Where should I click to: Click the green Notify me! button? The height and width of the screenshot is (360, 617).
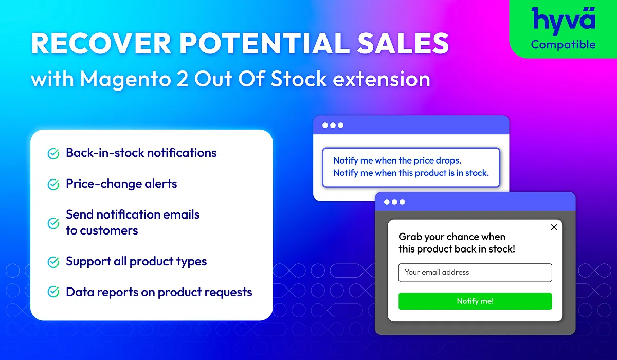coord(475,301)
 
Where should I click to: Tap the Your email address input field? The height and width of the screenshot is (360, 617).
coord(475,273)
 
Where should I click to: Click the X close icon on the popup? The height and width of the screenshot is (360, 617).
coord(554,227)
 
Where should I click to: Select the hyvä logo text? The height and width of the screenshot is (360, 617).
coord(564,21)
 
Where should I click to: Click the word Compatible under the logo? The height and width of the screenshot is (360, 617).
coord(564,45)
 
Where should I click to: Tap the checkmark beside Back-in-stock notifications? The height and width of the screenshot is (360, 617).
coord(53,154)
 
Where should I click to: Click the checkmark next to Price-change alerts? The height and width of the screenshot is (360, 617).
coord(53,185)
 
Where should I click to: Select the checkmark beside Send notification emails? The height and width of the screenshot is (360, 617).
coord(53,223)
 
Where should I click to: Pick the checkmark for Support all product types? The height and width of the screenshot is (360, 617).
coord(53,262)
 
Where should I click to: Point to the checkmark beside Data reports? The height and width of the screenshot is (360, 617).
coord(53,292)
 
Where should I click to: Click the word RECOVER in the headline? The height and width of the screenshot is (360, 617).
coord(101,43)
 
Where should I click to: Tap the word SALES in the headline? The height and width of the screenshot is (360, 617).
coord(403,43)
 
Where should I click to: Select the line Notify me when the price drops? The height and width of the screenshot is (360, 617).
coord(397,160)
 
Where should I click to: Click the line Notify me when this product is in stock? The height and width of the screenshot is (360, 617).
coord(411,173)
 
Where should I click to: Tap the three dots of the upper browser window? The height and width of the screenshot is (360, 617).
coord(333,125)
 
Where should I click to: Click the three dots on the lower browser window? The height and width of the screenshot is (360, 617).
coord(394,202)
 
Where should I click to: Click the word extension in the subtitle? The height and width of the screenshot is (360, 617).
coord(381,79)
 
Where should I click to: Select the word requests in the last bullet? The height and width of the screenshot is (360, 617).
coord(229,293)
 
